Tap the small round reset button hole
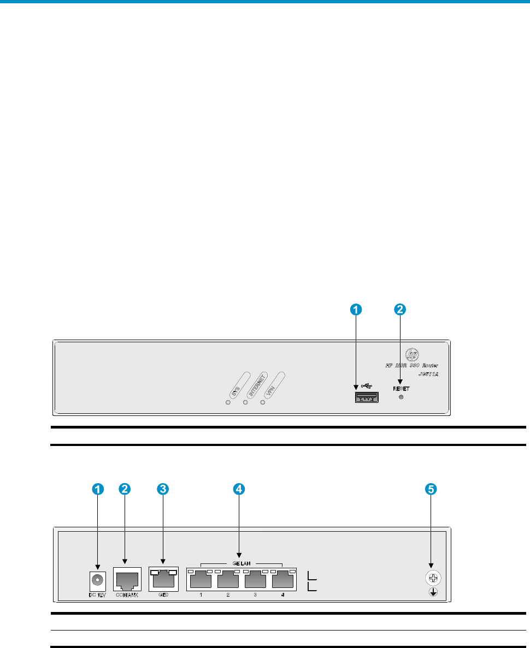point(402,398)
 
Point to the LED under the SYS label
point(228,402)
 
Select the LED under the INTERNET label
point(245,402)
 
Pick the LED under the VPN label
point(262,402)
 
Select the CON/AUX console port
point(127,579)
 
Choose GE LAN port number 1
point(201,579)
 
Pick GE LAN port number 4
point(283,579)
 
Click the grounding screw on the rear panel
point(432,578)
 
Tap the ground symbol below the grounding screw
point(432,592)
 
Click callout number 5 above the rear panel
point(431,490)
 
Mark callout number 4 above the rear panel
point(238,490)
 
